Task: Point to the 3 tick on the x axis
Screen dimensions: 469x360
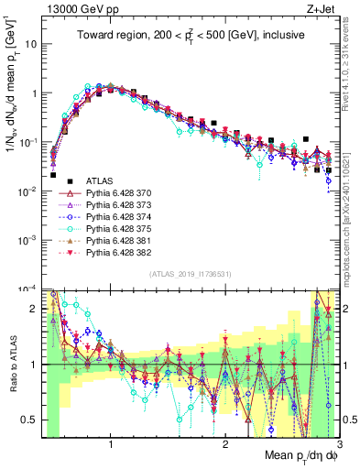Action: pyautogui.click(x=339, y=444)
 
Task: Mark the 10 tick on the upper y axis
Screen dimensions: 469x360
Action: pyautogui.click(x=32, y=44)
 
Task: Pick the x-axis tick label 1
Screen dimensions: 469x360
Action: pyautogui.click(x=111, y=444)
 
